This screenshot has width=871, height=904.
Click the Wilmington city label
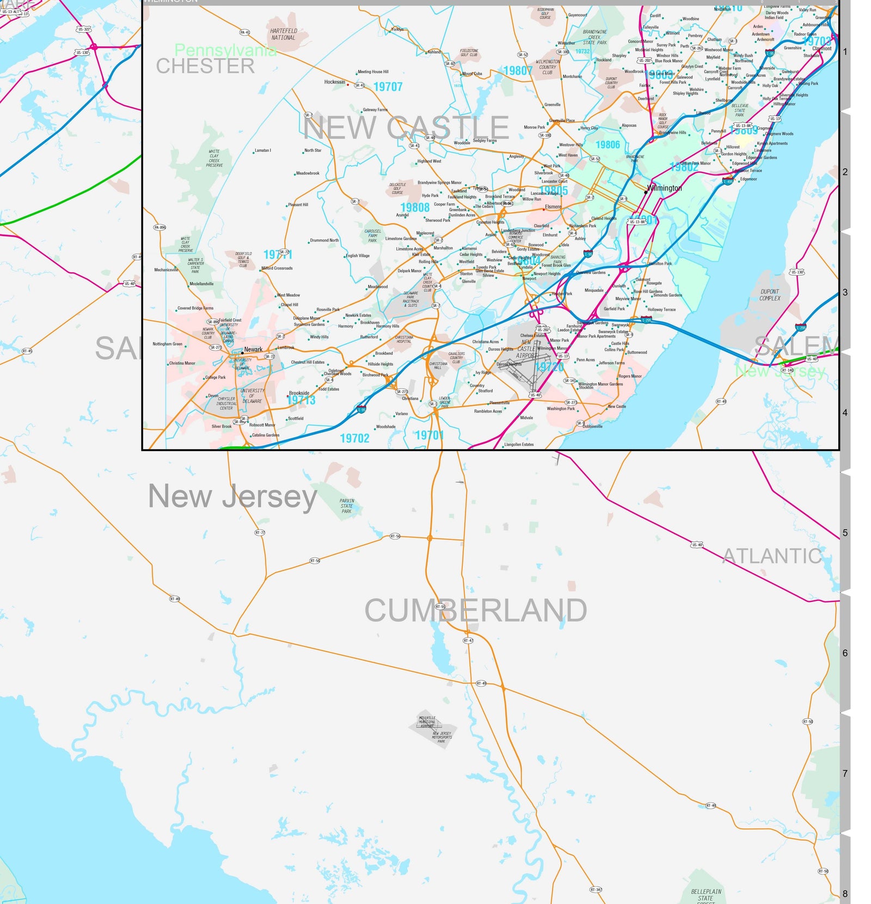pyautogui.click(x=664, y=188)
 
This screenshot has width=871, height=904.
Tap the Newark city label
pyautogui.click(x=253, y=349)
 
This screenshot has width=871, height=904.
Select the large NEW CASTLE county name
pyautogui.click(x=406, y=128)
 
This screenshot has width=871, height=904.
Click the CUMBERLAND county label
pyautogui.click(x=475, y=610)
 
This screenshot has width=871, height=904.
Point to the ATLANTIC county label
pyautogui.click(x=772, y=556)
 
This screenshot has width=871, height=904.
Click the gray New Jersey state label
pyautogui.click(x=232, y=496)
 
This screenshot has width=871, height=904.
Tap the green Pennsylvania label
pyautogui.click(x=225, y=51)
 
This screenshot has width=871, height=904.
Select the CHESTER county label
pyautogui.click(x=205, y=66)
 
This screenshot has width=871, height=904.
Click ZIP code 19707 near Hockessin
pyautogui.click(x=388, y=87)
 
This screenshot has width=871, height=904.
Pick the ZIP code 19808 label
pyautogui.click(x=415, y=207)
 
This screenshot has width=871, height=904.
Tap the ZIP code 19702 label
pyautogui.click(x=354, y=438)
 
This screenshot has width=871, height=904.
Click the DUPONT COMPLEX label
pyautogui.click(x=770, y=295)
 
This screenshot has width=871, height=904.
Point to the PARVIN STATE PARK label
pyautogui.click(x=347, y=506)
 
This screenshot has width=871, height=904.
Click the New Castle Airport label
pyautogui.click(x=526, y=349)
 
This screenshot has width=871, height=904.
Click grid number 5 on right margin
pyautogui.click(x=845, y=533)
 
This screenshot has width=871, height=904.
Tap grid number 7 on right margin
pyautogui.click(x=845, y=773)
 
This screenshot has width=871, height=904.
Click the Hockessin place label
pyautogui.click(x=334, y=82)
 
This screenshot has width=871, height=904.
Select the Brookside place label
pyautogui.click(x=299, y=393)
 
